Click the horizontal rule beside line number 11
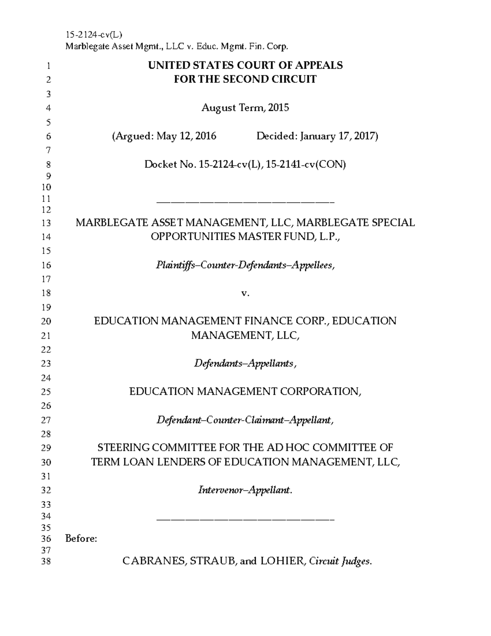pos(245,202)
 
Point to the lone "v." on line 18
pos(245,293)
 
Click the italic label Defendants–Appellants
pos(245,364)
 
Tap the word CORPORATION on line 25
pos(320,392)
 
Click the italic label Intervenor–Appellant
pos(245,490)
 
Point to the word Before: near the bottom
pos(81,539)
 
